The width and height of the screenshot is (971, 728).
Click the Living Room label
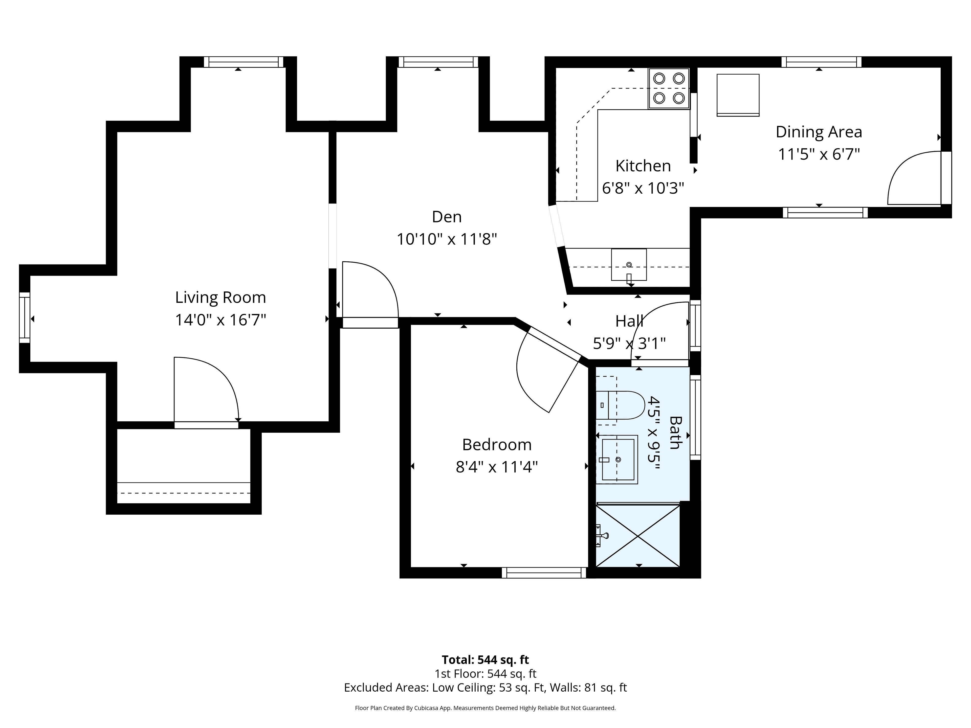coord(220,298)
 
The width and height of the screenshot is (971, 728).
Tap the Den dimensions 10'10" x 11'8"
coord(447,239)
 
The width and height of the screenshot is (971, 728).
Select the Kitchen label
coord(643,166)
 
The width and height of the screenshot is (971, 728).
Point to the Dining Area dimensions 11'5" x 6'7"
coord(819,154)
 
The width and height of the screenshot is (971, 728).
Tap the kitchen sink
coord(629,265)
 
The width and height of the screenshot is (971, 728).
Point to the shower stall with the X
coord(637,536)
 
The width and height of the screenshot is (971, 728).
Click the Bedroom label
coord(497,445)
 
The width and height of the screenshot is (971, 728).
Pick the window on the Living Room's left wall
coord(25,318)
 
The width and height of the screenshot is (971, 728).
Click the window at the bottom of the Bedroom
coord(544,573)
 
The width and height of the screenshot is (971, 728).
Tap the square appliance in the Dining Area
coord(738,95)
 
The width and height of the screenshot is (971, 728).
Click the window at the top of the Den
coord(438,62)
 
